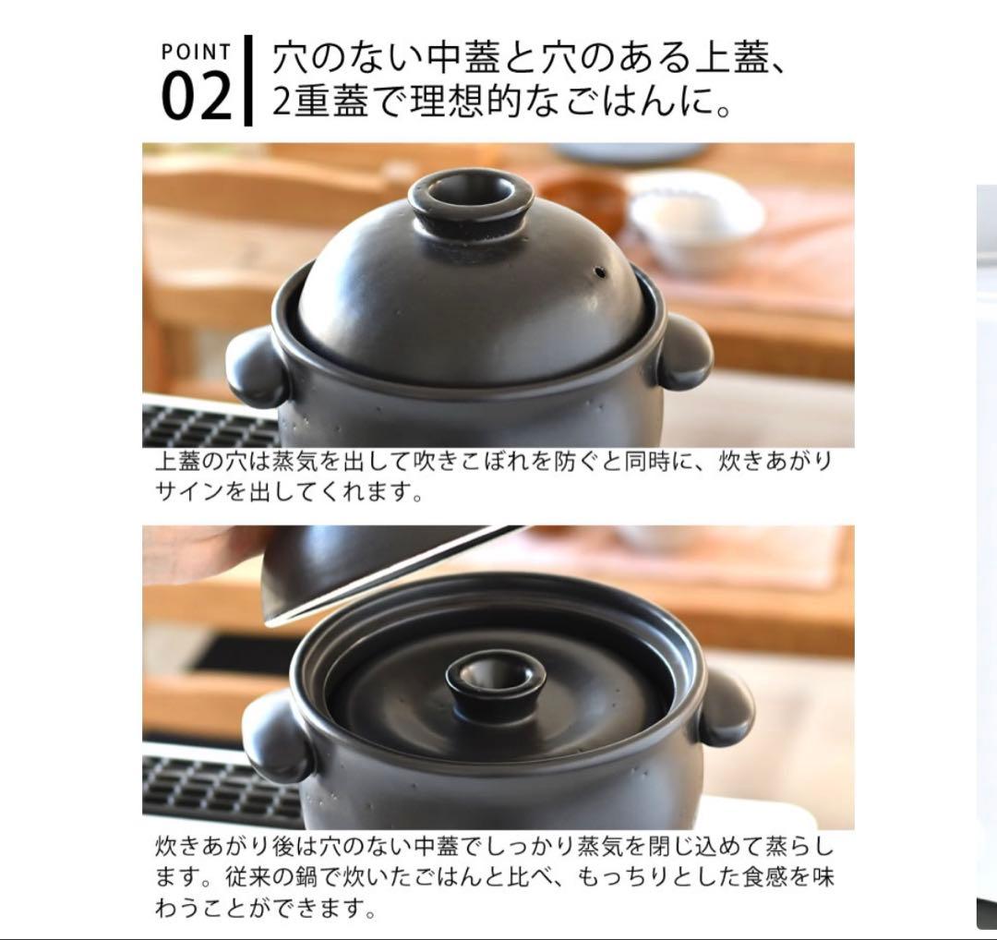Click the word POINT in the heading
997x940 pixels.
[196, 51]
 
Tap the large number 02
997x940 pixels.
[196, 98]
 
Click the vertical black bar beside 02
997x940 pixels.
[247, 80]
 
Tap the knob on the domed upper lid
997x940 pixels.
[470, 199]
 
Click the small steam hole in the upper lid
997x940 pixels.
[601, 272]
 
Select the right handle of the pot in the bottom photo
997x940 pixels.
[725, 705]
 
